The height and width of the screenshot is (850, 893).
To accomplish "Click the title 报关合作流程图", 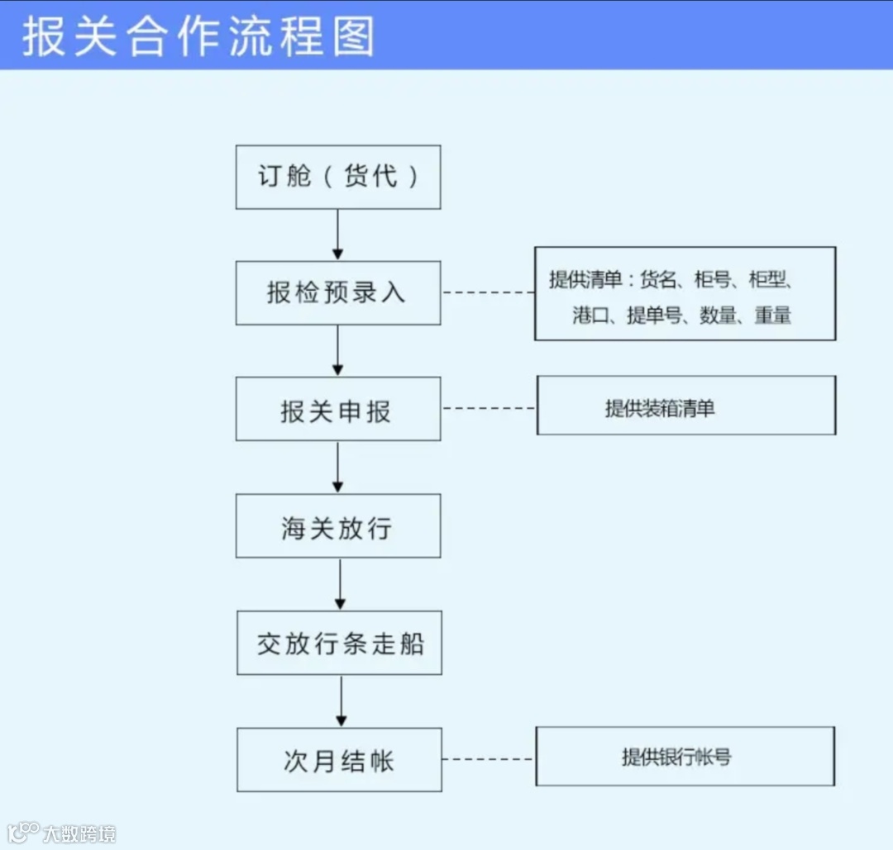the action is [198, 36].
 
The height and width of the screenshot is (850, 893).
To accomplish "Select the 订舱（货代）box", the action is [338, 177].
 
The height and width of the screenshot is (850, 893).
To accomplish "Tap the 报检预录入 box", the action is [338, 293].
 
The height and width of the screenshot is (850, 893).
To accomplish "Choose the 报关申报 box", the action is [338, 410].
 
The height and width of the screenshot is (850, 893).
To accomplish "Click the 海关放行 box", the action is [338, 526].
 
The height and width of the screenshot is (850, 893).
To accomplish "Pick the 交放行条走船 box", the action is [339, 643].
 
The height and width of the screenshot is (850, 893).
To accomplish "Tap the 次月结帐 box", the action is [339, 760].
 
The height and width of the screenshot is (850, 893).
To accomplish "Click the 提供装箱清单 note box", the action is [686, 406].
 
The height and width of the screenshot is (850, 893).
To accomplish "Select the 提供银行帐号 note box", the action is [685, 757].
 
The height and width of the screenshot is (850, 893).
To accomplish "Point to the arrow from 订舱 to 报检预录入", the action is [337, 235].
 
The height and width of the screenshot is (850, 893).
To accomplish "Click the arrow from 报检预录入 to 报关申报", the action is [337, 351].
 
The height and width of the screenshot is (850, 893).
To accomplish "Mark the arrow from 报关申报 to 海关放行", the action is [337, 468].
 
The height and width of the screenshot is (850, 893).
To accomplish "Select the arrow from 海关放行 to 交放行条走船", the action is [339, 585].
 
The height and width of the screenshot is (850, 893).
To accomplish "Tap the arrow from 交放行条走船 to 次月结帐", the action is [340, 701].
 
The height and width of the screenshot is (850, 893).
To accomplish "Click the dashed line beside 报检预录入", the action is [488, 292].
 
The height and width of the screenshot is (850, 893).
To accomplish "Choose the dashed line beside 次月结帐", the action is [489, 759].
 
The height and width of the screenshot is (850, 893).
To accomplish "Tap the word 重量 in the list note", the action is [773, 315].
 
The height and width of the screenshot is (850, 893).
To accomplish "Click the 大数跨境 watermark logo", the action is [62, 833].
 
